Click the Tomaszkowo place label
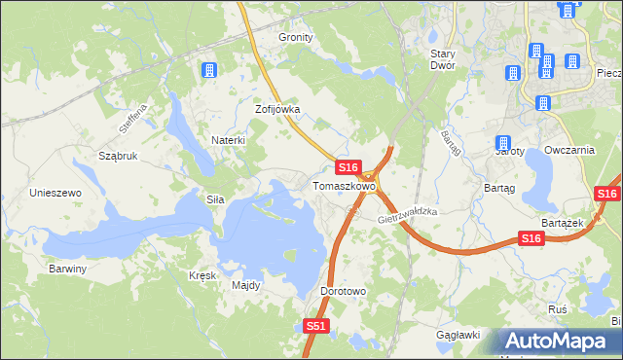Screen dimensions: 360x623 point(344,186)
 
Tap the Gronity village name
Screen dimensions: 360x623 point(296,37)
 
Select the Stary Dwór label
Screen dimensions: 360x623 point(450,59)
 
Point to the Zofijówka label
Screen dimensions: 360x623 point(277,110)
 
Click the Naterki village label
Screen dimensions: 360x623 point(228,140)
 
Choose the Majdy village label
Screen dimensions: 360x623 point(245,286)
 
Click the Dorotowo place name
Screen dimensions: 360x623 point(343,291)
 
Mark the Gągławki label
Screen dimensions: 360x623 point(458,335)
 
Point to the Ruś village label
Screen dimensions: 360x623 point(558,307)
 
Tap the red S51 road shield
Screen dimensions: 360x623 point(315,327)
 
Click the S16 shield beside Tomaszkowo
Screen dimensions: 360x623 point(350,168)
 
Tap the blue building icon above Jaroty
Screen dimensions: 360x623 point(503,143)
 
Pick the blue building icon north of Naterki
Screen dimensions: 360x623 point(207,70)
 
